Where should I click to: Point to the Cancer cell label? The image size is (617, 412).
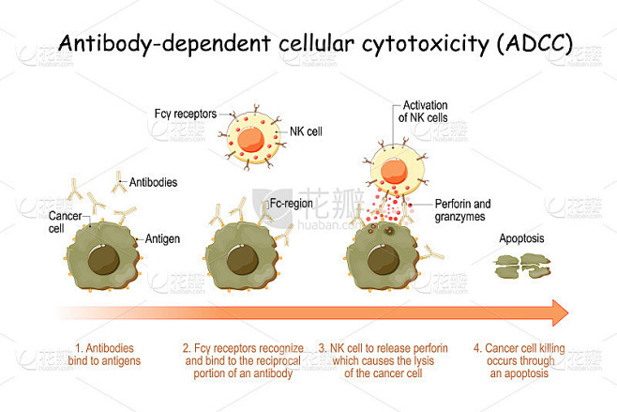(x=64, y=222)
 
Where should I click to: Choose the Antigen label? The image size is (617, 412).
(x=162, y=239)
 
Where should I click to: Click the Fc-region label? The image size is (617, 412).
(x=289, y=203)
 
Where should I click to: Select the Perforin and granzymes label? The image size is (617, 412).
(x=463, y=209)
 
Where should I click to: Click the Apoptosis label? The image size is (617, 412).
(x=521, y=238)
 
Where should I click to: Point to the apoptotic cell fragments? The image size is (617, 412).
(x=522, y=269)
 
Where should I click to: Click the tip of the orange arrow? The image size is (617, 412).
(x=564, y=312)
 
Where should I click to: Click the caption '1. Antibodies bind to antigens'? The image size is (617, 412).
(x=108, y=355)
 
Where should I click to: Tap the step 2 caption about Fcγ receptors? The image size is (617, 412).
(x=245, y=360)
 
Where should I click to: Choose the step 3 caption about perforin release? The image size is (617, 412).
(x=383, y=360)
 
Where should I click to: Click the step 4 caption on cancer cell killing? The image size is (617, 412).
(x=519, y=360)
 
